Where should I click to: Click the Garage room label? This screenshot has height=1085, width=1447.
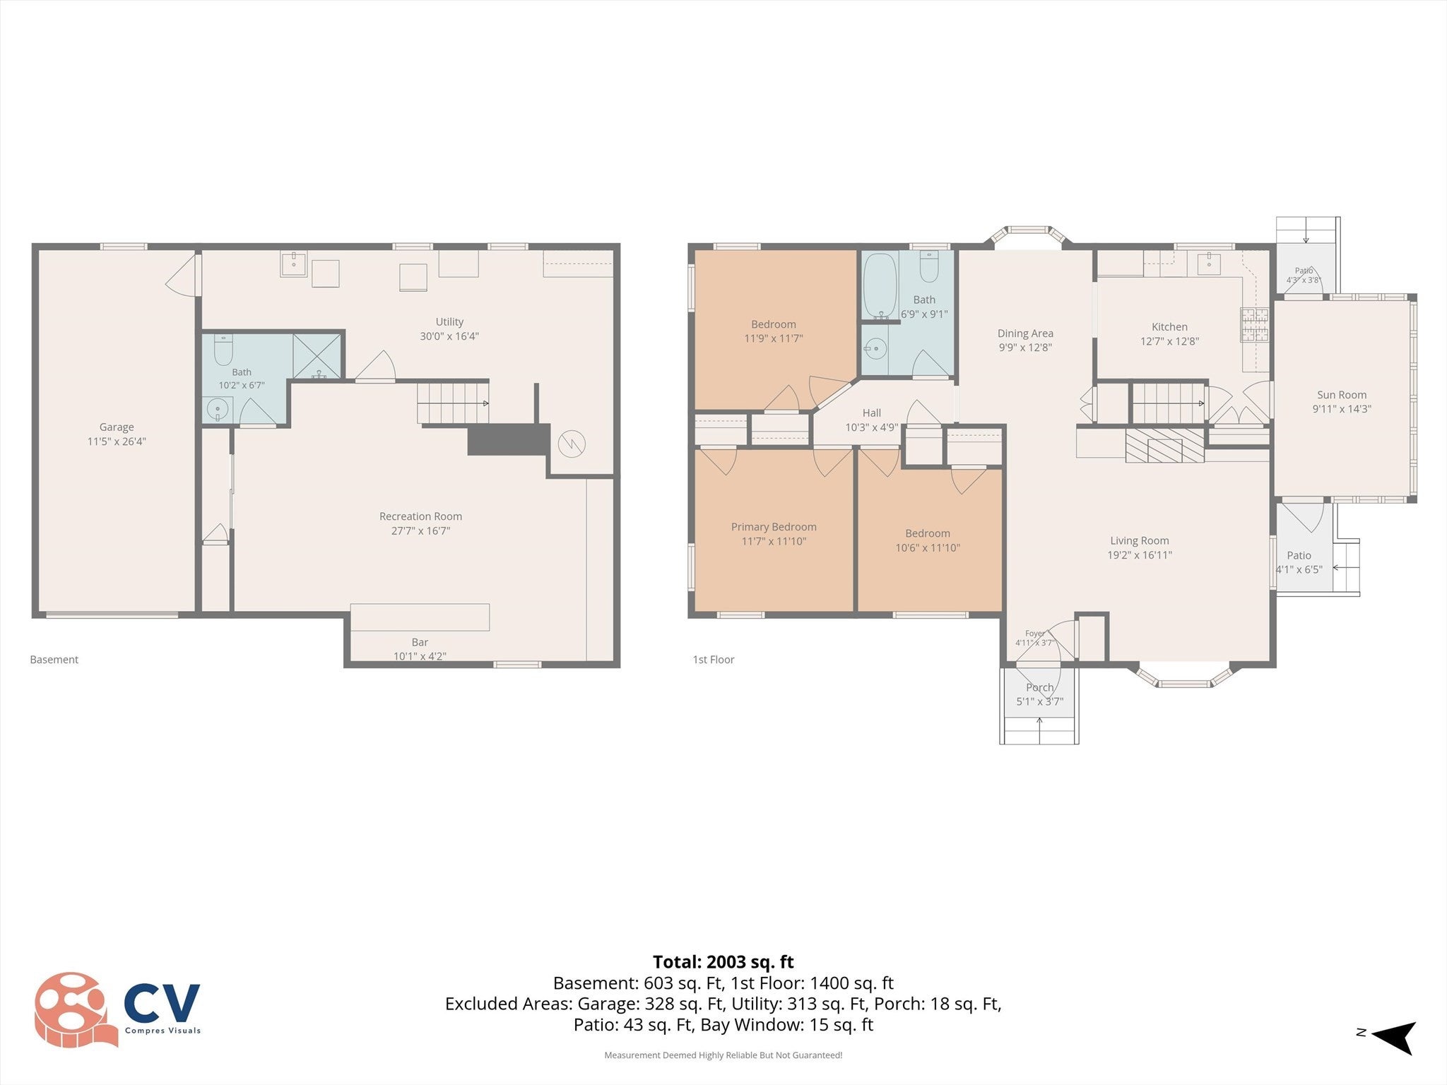(x=117, y=427)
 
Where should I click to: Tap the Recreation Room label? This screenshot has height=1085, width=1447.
(x=420, y=516)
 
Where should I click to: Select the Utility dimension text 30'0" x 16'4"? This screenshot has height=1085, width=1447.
(x=449, y=336)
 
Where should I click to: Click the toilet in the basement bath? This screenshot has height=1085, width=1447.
(x=223, y=348)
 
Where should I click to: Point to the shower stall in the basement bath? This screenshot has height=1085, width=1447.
(x=317, y=356)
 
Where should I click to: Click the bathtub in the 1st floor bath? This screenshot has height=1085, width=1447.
(x=880, y=286)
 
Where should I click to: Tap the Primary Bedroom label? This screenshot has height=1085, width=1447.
(x=774, y=527)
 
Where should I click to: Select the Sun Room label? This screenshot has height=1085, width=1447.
(x=1342, y=395)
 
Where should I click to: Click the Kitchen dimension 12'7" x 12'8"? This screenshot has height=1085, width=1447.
(x=1169, y=341)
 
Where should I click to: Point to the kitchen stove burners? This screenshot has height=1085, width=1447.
(x=1255, y=325)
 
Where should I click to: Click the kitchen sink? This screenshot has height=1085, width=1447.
(x=1209, y=263)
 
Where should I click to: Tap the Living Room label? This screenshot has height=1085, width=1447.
(x=1139, y=541)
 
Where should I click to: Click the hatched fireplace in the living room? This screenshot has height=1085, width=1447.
(x=1164, y=445)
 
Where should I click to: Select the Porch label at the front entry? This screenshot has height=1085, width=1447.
(x=1039, y=687)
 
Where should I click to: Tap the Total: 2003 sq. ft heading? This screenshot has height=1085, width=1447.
(x=723, y=962)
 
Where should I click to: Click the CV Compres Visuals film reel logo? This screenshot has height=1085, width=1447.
(x=117, y=1010)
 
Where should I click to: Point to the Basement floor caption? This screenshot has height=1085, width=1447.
(x=54, y=660)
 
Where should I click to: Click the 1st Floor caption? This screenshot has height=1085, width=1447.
(x=713, y=660)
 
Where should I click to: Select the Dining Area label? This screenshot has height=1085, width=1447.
(x=1025, y=333)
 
